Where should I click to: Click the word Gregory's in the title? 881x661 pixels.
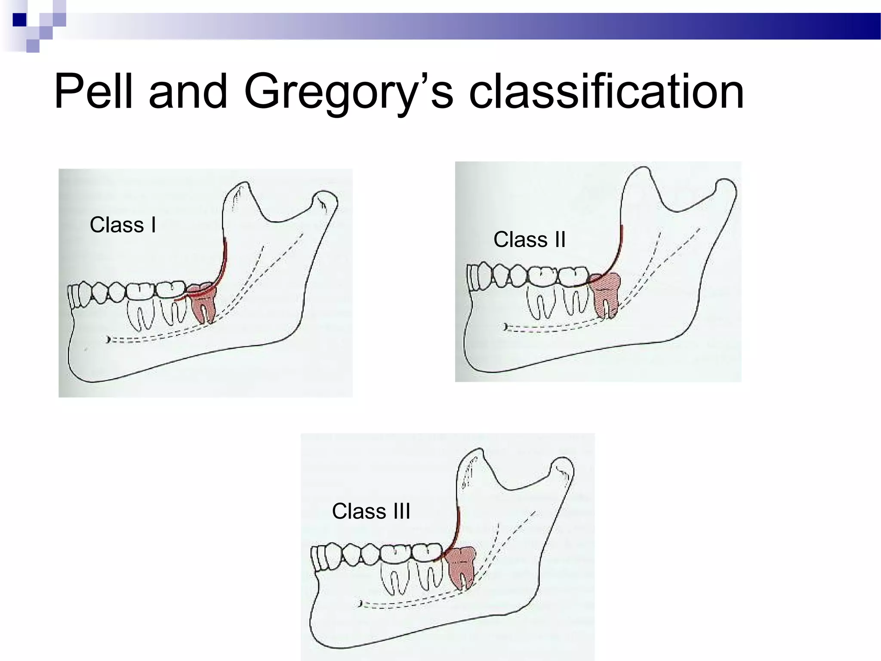tap(348, 92)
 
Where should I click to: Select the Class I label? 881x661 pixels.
tap(123, 225)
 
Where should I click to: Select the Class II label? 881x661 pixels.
tap(529, 239)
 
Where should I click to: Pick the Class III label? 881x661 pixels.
tap(371, 511)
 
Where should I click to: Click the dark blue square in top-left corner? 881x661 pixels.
tap(19, 20)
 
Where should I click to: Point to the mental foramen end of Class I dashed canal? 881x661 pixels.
tap(108, 340)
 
